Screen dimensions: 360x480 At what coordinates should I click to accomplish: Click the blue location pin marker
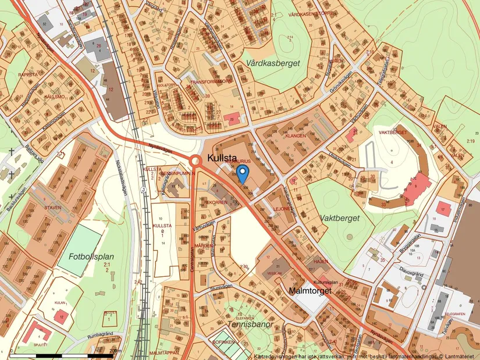coord(244,173)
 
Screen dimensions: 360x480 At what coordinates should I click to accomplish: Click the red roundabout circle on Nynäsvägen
coord(196,161)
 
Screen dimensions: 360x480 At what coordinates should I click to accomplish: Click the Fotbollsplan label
coord(91,256)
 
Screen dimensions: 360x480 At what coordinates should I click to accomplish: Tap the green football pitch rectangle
coord(79,249)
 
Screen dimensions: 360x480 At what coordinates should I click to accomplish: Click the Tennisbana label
coord(250,324)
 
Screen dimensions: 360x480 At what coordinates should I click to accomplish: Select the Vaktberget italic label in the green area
coord(340,218)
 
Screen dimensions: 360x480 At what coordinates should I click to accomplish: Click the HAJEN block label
coord(321,262)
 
